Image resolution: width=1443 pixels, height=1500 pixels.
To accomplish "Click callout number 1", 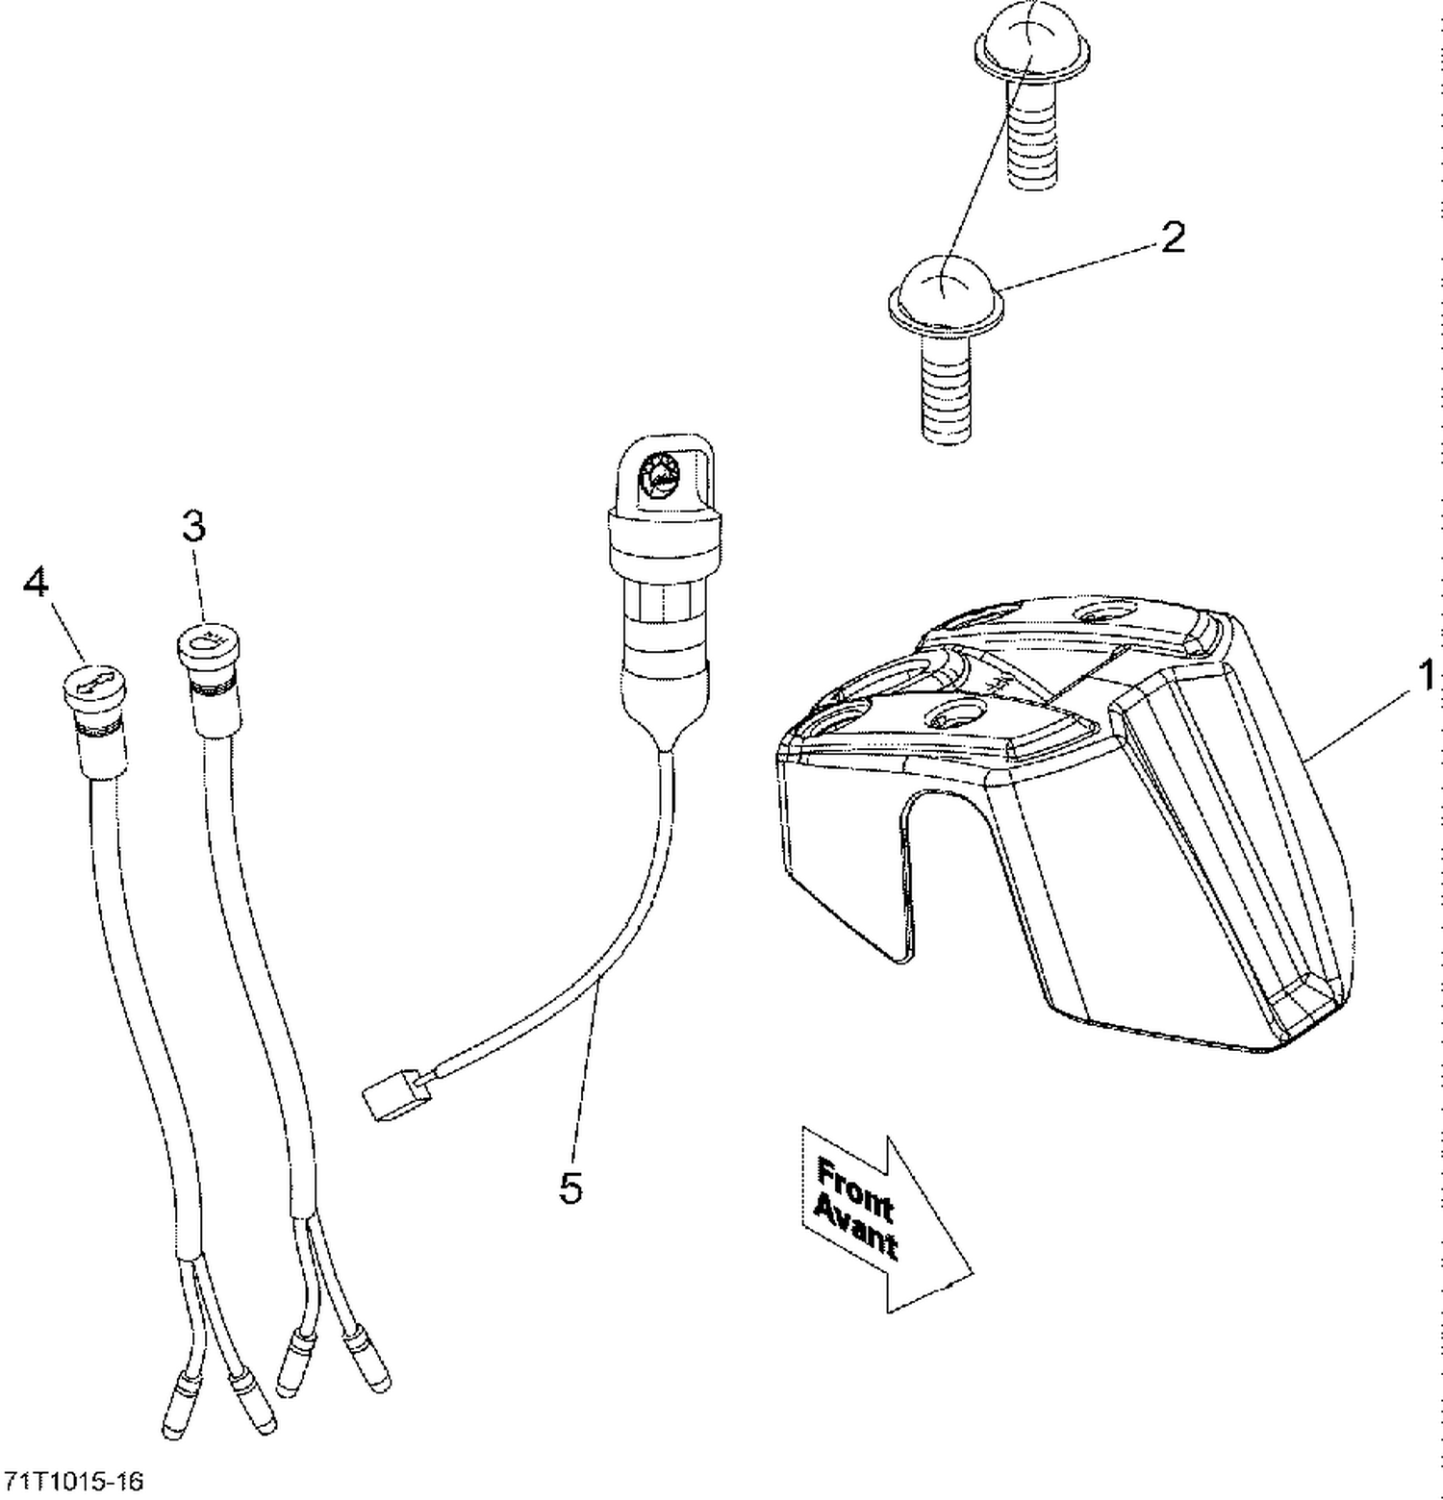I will [x=1426, y=675].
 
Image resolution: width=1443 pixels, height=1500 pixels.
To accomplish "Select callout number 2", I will [x=1173, y=237].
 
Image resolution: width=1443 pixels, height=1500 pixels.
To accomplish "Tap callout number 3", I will [x=193, y=526].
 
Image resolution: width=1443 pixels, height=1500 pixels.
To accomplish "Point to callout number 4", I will [x=36, y=582].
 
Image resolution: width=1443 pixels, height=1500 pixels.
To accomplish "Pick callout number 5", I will [x=570, y=1189].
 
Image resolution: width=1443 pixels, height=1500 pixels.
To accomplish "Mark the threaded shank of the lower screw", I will [x=947, y=385].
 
